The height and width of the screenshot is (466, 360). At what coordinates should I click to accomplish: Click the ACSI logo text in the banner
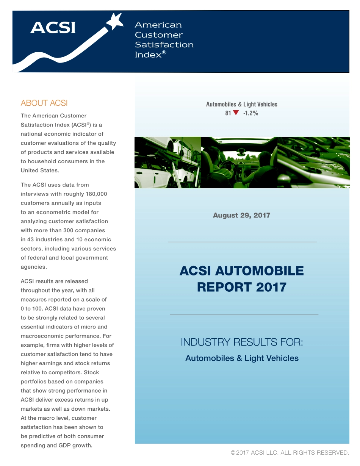(53, 28)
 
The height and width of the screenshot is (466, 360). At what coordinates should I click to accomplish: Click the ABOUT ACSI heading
(44, 103)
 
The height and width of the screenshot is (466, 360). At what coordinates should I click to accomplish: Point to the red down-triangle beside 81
(236, 113)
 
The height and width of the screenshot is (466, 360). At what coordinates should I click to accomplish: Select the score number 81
(228, 113)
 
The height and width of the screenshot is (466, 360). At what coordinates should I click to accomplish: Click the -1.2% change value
(250, 113)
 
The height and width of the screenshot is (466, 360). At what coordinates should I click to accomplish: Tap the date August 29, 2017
(241, 215)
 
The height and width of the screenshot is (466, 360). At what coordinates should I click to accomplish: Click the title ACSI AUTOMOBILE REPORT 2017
(241, 279)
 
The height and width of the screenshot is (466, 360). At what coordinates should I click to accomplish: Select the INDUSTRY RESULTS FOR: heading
(242, 342)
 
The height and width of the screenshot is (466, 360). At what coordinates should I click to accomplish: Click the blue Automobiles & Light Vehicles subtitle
(242, 358)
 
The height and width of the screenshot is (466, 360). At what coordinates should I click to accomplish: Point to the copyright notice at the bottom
(290, 452)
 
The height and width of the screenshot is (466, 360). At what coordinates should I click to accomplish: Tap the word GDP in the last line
(64, 446)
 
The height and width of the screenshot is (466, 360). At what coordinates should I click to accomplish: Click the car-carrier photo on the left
(167, 163)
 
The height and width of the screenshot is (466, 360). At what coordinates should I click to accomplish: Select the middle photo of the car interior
(239, 163)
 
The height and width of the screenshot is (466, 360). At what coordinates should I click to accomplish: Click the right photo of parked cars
(313, 163)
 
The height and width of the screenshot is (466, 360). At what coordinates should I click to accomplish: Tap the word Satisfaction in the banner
(164, 45)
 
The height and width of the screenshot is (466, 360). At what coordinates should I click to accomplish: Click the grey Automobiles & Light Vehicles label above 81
(241, 104)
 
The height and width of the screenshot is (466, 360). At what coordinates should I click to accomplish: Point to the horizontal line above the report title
(242, 242)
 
